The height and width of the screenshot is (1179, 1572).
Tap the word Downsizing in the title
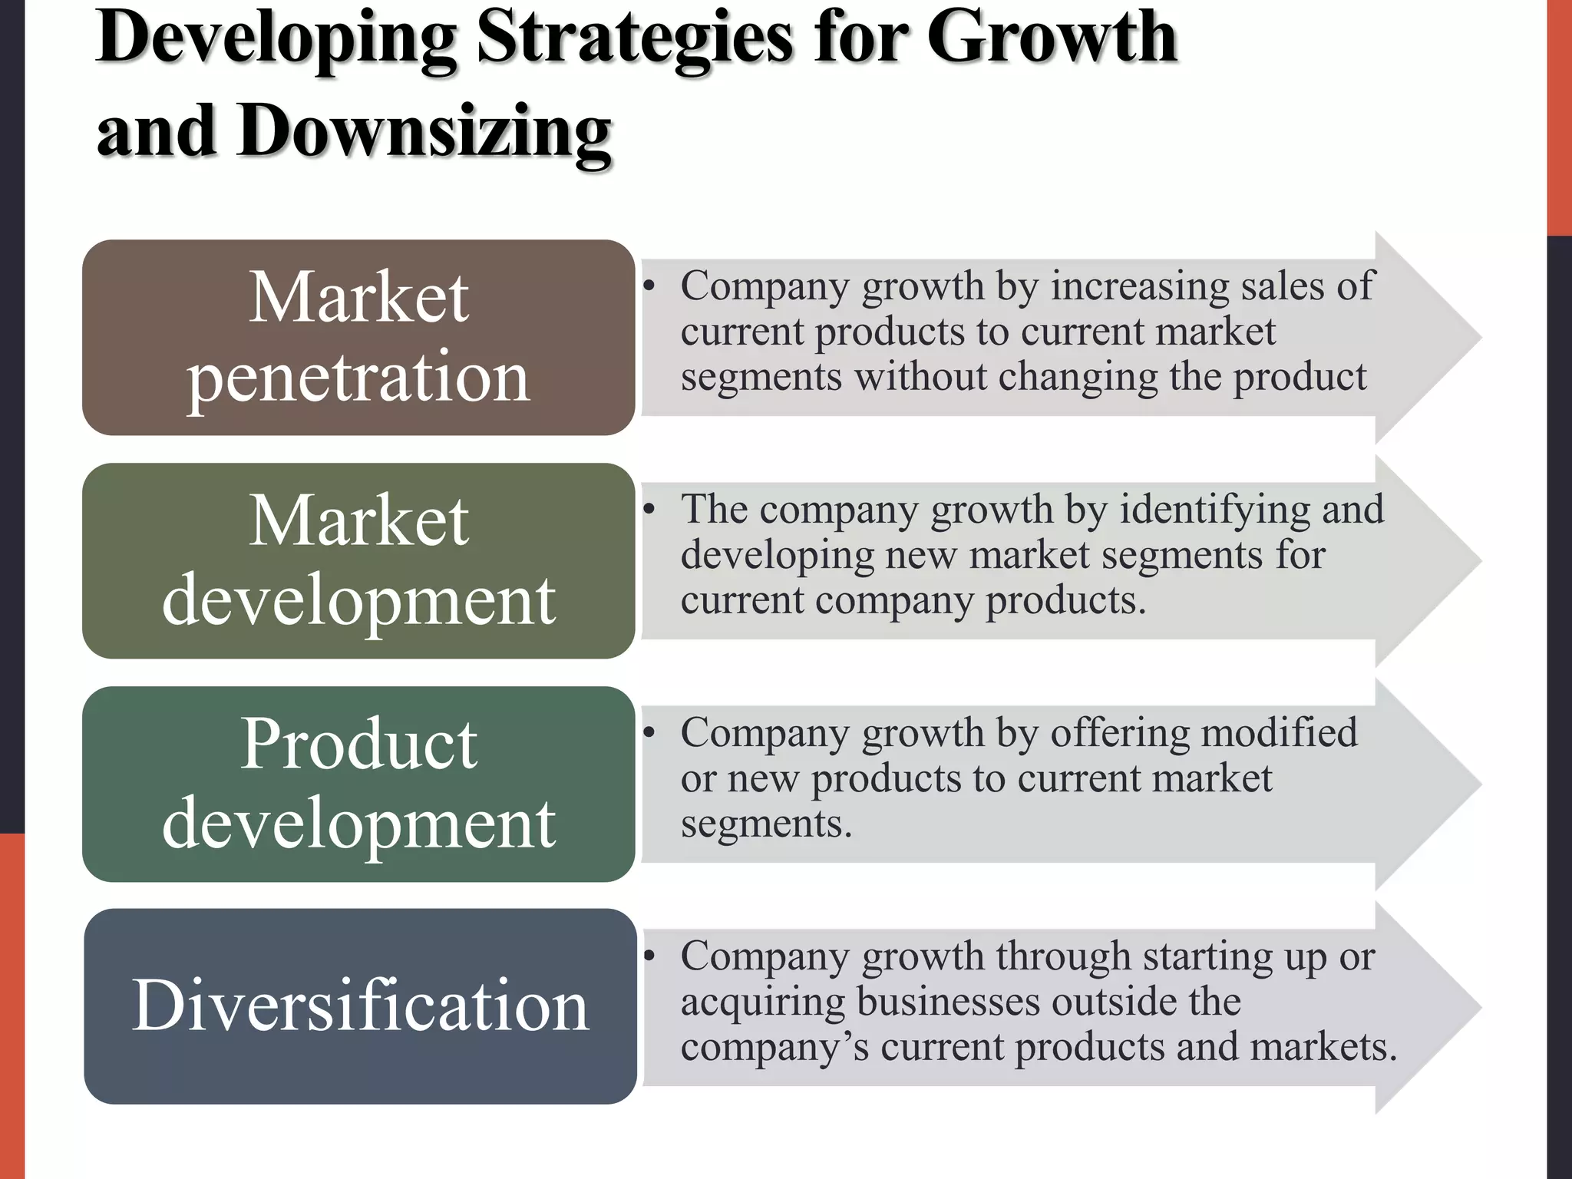click(424, 132)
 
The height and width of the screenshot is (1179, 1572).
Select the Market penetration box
click(358, 338)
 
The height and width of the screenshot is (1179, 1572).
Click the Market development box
click(358, 561)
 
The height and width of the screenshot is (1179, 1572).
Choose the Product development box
click(358, 784)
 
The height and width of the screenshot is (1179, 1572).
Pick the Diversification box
click(360, 1006)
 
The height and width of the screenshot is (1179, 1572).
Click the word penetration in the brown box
click(358, 378)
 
